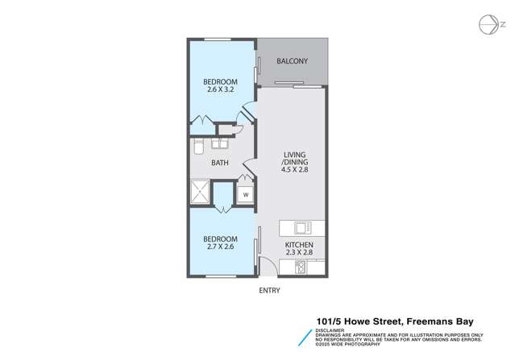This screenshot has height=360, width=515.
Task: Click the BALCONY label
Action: (x=294, y=61)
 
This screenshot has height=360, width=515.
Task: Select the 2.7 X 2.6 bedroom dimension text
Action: (x=219, y=249)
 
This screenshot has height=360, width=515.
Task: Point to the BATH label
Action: (x=219, y=163)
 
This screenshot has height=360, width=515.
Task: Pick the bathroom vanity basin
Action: (x=220, y=145)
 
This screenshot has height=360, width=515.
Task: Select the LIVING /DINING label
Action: (x=295, y=158)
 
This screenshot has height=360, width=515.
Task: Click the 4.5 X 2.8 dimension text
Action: (x=295, y=171)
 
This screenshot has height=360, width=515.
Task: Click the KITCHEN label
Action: (x=298, y=244)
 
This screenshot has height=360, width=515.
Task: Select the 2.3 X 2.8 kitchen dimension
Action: (x=298, y=254)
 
